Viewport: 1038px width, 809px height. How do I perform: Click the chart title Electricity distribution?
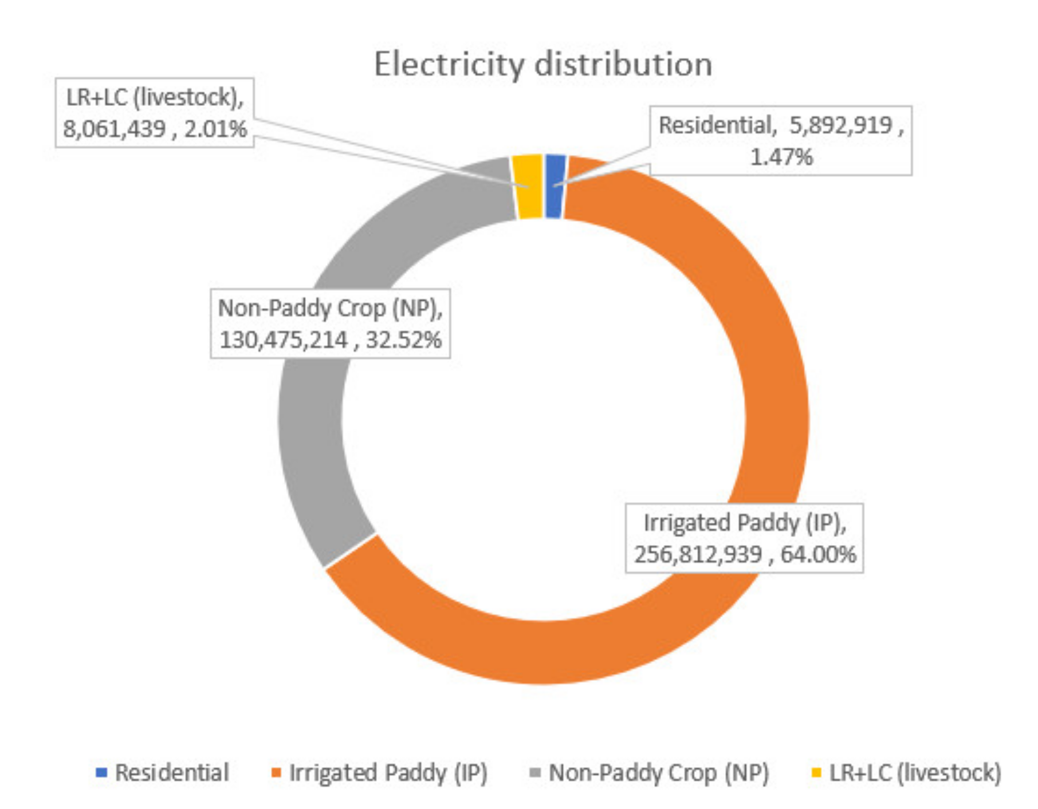542,64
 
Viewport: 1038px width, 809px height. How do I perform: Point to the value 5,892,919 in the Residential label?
840,125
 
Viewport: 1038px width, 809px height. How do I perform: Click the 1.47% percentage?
781,157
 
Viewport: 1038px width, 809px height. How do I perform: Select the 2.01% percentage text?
215,129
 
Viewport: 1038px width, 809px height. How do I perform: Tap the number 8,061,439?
114,129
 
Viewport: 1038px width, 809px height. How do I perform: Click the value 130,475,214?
284,340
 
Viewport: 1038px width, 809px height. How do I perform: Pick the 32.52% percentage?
403,340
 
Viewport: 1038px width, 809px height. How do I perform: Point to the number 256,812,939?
698,554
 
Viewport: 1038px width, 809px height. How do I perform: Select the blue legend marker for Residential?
101,773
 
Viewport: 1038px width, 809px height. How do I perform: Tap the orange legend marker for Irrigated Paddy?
276,773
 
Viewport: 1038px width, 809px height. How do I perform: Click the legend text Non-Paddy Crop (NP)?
658,773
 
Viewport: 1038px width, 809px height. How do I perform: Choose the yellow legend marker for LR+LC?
817,773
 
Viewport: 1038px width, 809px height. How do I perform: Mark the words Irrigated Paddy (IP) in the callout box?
745,523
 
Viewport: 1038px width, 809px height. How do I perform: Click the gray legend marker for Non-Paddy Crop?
535,773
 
